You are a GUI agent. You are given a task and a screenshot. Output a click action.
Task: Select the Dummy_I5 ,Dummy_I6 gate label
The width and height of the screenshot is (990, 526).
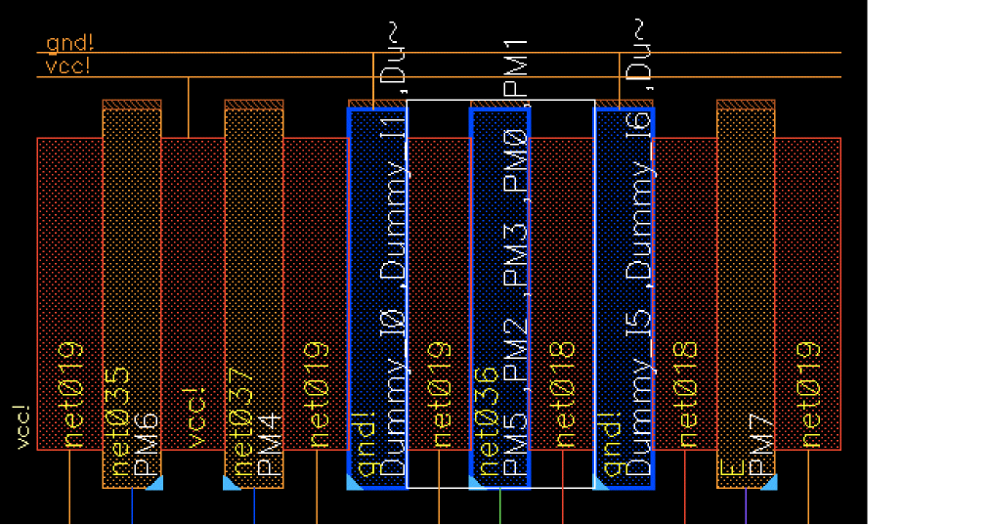tap(639, 293)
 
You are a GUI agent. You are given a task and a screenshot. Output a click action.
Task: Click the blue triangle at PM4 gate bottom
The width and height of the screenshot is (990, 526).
tap(232, 482)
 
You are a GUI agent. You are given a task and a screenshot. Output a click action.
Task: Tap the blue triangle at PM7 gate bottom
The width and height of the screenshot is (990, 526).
tap(768, 482)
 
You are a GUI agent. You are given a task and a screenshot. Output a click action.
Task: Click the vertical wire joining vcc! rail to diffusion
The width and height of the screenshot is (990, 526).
tap(189, 108)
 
